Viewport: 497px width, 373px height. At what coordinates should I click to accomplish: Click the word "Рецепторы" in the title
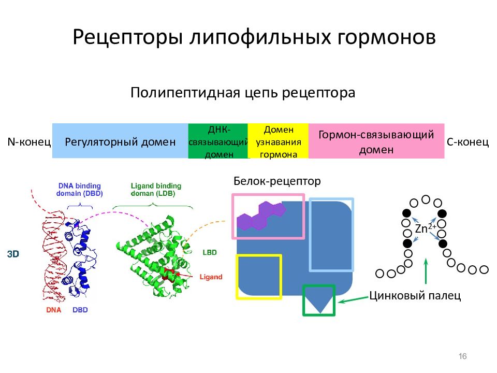tap(128, 37)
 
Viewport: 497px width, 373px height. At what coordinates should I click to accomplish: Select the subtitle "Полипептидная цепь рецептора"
tap(243, 93)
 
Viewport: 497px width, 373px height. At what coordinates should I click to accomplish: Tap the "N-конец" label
tap(29, 141)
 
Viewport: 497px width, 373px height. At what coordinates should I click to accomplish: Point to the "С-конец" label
tap(468, 141)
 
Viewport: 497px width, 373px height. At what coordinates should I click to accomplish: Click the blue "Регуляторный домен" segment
tap(120, 141)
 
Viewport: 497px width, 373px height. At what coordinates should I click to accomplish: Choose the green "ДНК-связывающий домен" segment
tap(218, 141)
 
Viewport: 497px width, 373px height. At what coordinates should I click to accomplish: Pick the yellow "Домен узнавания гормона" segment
tap(279, 141)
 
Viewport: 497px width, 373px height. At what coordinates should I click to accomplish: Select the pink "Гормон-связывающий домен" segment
tap(376, 141)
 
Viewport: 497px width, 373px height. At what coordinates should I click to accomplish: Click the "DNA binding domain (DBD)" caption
tap(80, 190)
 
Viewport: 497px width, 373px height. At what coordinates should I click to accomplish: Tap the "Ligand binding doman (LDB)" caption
tap(156, 190)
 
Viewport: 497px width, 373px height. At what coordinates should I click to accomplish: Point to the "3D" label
tap(13, 254)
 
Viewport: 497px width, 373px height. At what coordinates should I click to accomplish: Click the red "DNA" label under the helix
tap(53, 310)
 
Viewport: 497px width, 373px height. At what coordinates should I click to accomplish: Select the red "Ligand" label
tap(211, 277)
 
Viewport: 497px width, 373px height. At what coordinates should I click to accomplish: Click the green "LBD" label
tap(210, 252)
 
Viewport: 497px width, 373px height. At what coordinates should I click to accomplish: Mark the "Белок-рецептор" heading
tap(277, 181)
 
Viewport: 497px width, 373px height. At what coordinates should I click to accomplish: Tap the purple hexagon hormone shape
tap(260, 216)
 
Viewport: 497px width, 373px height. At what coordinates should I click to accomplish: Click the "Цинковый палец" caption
tap(415, 295)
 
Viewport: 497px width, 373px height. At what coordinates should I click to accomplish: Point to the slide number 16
tap(462, 356)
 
